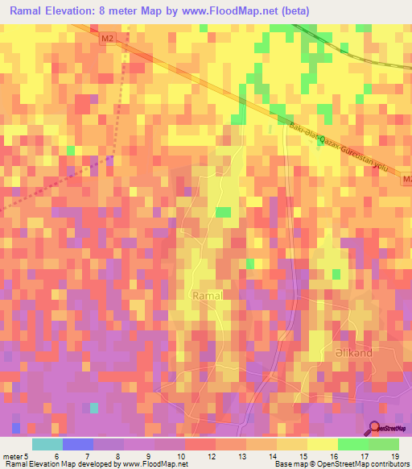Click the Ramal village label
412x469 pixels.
207,296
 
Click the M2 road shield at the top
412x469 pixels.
108,38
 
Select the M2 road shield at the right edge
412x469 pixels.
406,179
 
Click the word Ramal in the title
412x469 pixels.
29,10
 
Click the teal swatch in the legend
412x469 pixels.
47,444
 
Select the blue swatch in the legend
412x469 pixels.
77,444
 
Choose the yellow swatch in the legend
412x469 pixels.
322,444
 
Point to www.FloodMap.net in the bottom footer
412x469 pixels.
153,465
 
